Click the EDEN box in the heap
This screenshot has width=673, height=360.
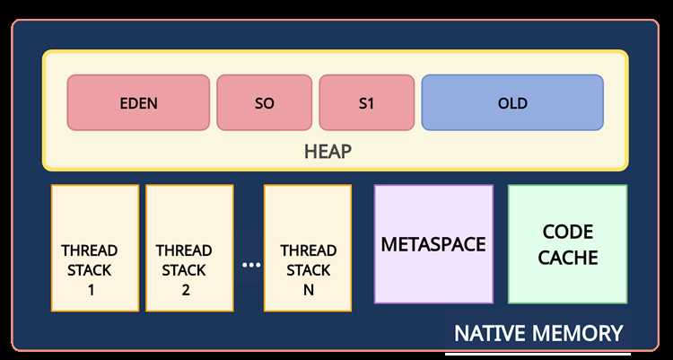click(138, 102)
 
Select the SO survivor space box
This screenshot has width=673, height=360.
click(265, 102)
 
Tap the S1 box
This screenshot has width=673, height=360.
click(366, 102)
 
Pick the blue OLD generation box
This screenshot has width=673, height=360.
click(512, 102)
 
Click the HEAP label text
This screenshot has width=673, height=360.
click(328, 152)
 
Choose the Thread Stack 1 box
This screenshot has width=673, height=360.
click(95, 248)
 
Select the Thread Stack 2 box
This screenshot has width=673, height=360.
click(189, 248)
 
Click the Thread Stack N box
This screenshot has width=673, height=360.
click(308, 248)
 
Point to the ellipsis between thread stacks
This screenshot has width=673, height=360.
click(251, 265)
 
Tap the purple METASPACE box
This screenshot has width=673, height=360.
click(433, 244)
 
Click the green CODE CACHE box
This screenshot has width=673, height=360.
click(567, 244)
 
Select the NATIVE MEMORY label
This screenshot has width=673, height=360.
click(538, 333)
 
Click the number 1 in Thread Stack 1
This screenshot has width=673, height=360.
click(91, 290)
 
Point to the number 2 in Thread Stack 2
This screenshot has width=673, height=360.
click(186, 290)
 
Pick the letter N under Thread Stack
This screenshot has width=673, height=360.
click(308, 290)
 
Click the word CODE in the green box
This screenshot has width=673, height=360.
click(568, 232)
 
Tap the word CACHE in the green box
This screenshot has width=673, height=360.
click(568, 258)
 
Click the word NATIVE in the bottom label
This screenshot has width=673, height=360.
click(490, 333)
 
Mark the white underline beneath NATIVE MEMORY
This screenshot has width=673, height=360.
click(538, 355)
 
